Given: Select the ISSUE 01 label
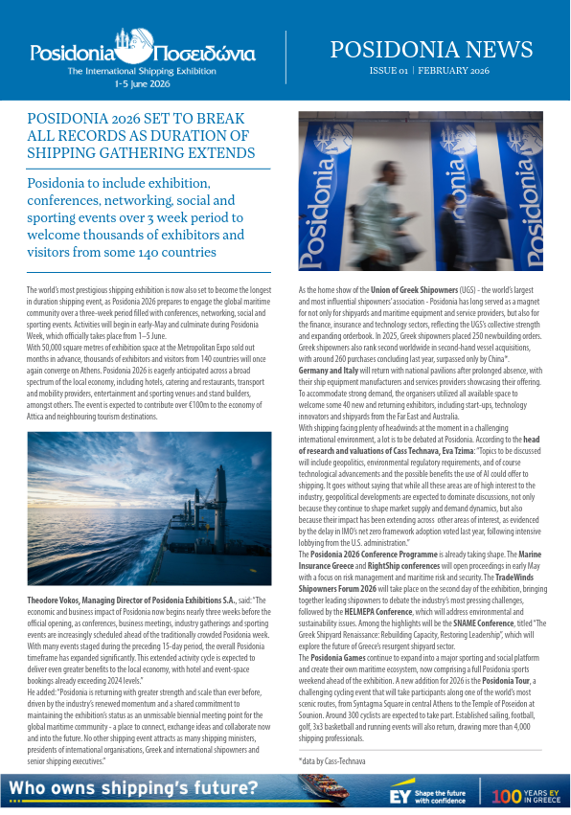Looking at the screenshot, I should click(x=388, y=72).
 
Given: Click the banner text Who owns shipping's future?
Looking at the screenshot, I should click(x=134, y=789).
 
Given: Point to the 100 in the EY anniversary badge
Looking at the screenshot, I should click(x=506, y=795).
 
